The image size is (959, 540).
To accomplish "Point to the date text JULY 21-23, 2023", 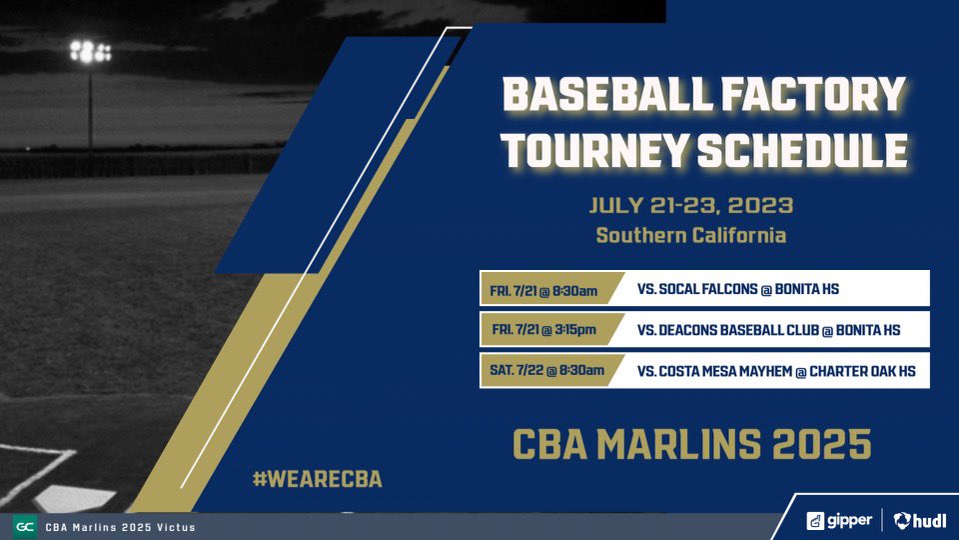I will (x=691, y=206).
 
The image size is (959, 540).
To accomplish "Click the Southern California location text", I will (x=691, y=236).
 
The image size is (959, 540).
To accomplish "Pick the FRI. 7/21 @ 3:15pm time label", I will (x=544, y=330).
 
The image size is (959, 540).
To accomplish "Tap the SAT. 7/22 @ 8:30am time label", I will (x=546, y=370).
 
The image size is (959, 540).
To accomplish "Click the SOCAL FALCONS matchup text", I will (x=737, y=290).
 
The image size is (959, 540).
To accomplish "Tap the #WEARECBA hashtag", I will (x=317, y=479).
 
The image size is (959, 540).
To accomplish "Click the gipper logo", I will (x=839, y=520).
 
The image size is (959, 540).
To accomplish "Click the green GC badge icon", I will (x=24, y=527).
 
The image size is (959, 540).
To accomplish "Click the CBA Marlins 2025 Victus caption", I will (x=120, y=527).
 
